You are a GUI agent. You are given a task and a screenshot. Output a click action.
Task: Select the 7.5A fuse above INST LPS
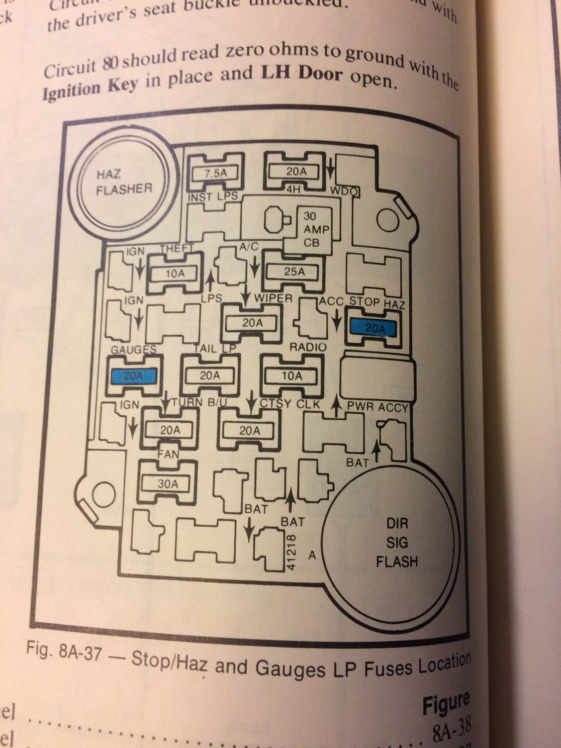(x=215, y=174)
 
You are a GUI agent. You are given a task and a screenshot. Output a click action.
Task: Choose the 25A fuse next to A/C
(x=293, y=272)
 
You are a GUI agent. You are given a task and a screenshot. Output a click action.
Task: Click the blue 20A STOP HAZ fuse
(x=373, y=328)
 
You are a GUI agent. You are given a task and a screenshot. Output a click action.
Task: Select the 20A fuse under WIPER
(x=252, y=323)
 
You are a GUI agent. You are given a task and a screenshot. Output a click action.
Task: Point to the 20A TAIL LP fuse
(x=209, y=376)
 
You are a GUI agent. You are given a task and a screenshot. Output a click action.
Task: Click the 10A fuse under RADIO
(x=292, y=376)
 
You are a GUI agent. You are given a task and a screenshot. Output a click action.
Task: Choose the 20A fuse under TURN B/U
(x=170, y=430)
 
